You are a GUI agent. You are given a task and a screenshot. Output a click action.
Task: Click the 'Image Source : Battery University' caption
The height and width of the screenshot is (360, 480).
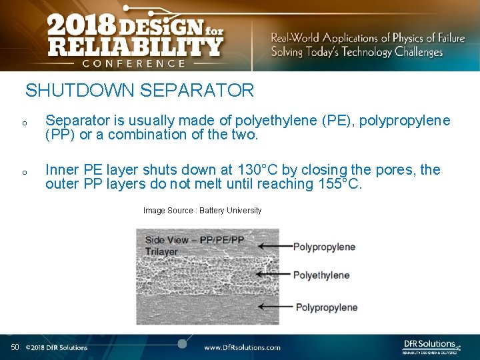202,211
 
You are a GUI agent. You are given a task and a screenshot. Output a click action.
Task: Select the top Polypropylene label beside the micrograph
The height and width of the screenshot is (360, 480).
324,247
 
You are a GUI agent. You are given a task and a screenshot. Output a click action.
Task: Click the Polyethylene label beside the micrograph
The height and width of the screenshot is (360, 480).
321,275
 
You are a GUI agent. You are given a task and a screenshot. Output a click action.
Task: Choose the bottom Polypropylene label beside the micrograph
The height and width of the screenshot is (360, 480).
327,307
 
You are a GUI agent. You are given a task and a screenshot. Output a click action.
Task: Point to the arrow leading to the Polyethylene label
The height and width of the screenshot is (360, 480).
273,274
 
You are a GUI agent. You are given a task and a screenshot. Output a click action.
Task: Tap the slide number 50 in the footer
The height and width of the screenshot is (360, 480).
15,347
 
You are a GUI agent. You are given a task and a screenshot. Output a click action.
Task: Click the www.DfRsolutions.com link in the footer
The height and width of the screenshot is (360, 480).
242,347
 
